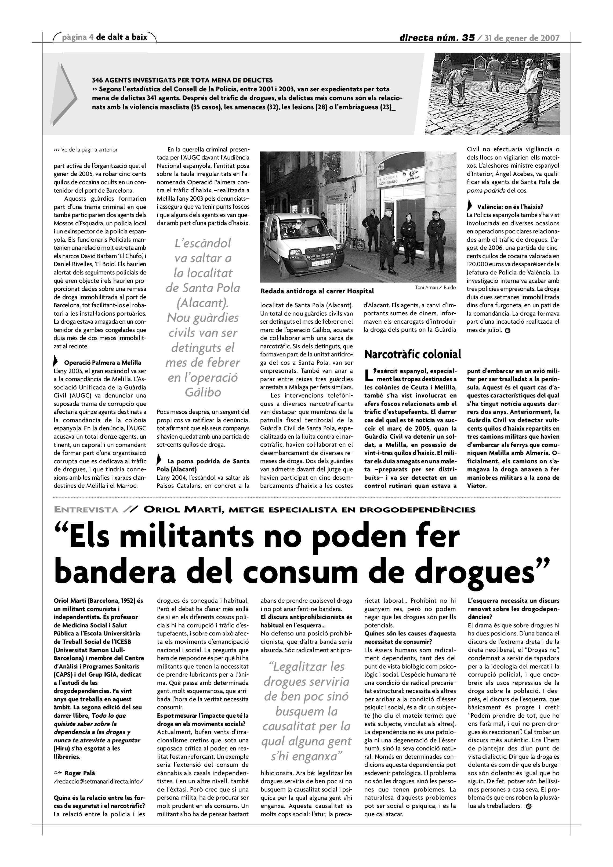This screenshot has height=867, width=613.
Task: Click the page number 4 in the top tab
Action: coord(92,37)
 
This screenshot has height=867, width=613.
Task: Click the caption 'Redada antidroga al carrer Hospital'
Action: coord(317,291)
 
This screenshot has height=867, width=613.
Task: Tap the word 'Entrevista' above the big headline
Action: coord(86,510)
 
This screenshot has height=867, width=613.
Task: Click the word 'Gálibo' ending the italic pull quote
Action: coord(203,392)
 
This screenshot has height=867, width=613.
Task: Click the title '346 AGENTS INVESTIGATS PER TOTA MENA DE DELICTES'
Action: coord(182,80)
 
